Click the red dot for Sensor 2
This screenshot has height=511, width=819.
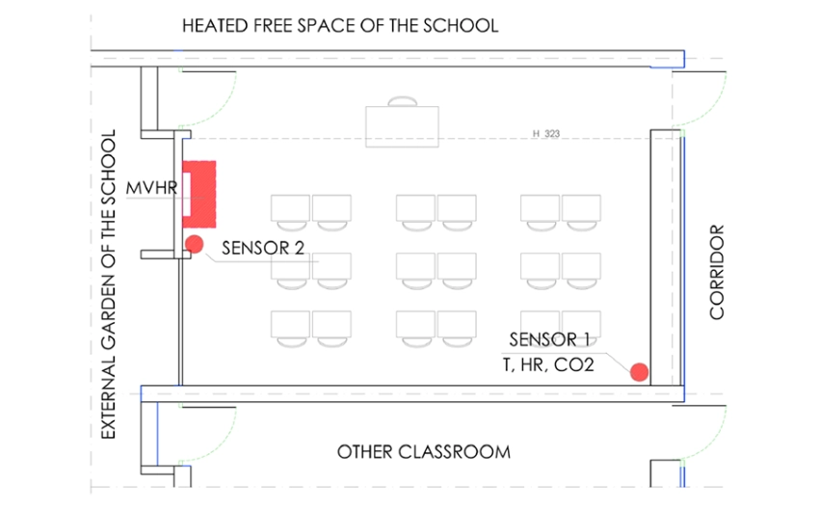tap(195, 244)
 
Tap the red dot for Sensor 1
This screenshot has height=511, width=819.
tap(640, 372)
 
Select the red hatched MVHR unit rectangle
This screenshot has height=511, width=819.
tap(199, 195)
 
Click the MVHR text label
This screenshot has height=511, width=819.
tap(151, 188)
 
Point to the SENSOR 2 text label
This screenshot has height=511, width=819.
tap(263, 248)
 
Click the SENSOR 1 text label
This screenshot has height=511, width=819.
tap(549, 339)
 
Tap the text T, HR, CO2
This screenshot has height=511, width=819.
tap(548, 364)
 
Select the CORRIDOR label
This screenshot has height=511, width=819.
tap(717, 272)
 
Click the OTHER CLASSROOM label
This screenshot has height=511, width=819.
tap(424, 452)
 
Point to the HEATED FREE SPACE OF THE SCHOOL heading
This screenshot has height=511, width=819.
tap(340, 26)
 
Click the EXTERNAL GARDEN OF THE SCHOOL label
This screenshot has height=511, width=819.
tap(108, 284)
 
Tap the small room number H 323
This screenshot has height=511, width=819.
tap(545, 134)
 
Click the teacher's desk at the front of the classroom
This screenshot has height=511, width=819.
tap(402, 126)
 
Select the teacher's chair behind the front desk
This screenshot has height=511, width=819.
tap(402, 101)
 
